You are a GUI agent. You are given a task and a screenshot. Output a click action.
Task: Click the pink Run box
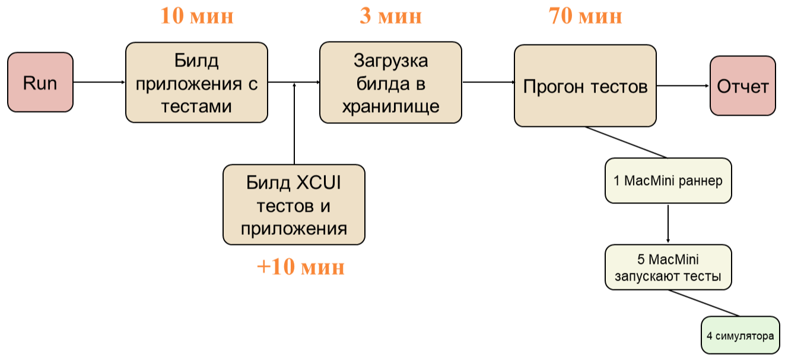click(40, 82)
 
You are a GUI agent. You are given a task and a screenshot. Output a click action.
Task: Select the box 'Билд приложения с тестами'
click(196, 82)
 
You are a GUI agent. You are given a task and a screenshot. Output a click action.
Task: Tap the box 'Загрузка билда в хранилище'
click(390, 82)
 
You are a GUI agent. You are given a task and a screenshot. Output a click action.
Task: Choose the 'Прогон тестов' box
click(585, 85)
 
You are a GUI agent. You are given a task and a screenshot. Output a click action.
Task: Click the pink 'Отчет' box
click(743, 85)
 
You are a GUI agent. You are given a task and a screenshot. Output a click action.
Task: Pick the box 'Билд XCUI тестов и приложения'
click(294, 205)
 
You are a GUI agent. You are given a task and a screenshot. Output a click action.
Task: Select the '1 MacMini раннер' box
click(668, 180)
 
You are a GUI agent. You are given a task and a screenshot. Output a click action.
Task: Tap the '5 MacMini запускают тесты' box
click(668, 267)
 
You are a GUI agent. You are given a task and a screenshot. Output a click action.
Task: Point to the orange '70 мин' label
click(585, 16)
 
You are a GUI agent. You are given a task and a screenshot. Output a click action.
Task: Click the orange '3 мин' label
click(390, 16)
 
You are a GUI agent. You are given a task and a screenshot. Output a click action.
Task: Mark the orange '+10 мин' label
click(300, 267)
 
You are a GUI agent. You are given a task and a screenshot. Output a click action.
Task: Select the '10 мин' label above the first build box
click(196, 16)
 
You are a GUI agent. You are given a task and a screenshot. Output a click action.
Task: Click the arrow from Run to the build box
click(99, 82)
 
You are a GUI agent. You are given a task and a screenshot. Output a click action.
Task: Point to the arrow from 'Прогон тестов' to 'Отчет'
click(683, 85)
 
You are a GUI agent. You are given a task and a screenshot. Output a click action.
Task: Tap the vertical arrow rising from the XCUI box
click(294, 125)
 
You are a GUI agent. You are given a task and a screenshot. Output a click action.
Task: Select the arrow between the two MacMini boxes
click(668, 224)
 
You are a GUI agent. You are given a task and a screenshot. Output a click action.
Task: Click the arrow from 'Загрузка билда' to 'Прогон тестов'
click(488, 82)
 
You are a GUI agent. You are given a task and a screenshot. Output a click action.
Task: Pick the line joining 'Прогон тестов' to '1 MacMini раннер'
click(626, 142)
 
